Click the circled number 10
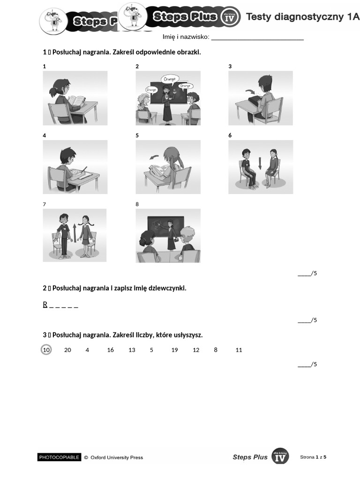[46, 350]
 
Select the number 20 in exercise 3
[67, 350]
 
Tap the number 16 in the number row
[110, 350]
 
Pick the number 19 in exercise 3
[174, 350]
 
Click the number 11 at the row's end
[239, 350]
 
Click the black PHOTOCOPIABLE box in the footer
[60, 457]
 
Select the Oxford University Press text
[117, 457]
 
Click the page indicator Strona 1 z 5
[313, 457]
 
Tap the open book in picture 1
[77, 100]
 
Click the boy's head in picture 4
[67, 154]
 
